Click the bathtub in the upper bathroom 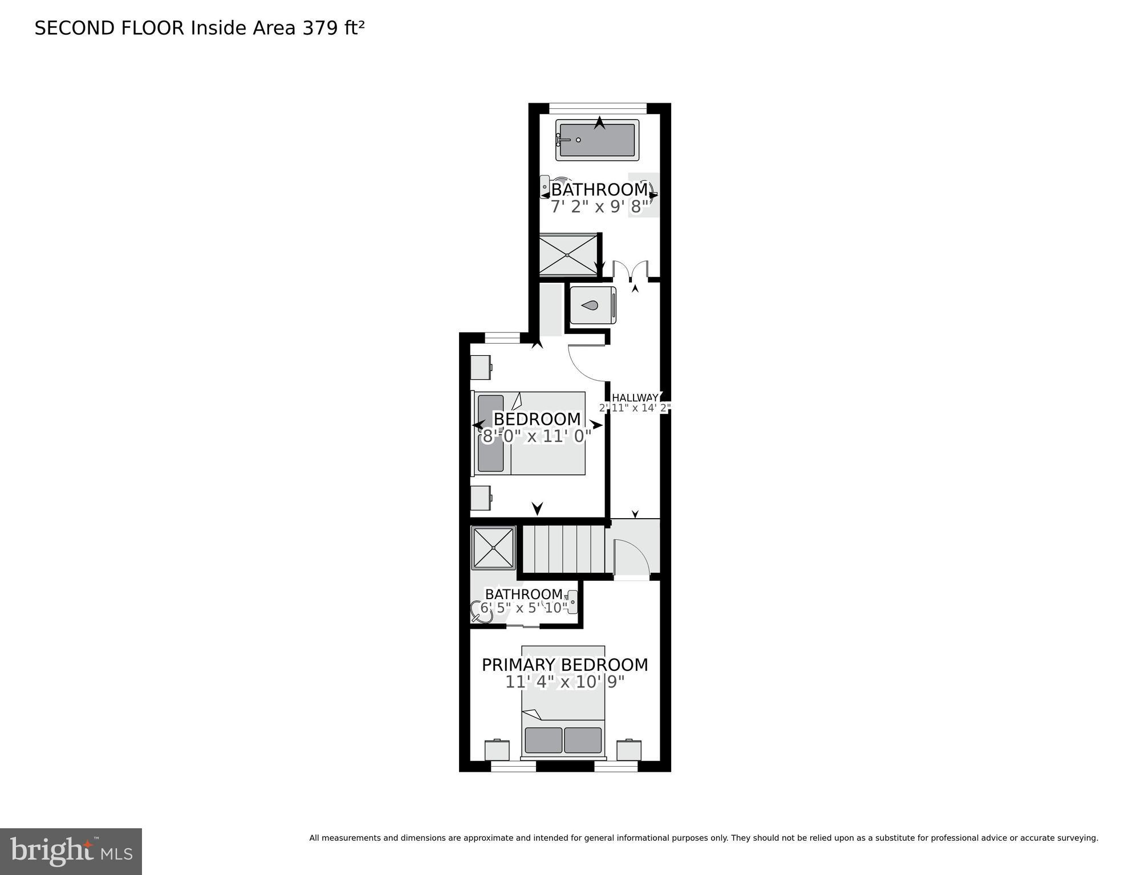point(597,140)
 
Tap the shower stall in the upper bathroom point(568,255)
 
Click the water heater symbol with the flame point(592,306)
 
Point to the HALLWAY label point(635,398)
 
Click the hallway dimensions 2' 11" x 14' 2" point(635,408)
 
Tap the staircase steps point(563,549)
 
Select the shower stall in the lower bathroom point(493,548)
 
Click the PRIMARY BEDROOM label point(565,665)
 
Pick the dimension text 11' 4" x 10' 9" point(565,682)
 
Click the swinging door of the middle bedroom point(586,363)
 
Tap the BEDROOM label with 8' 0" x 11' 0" point(537,419)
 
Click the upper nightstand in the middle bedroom point(481,367)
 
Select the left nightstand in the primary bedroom point(497,750)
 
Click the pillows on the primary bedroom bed point(563,740)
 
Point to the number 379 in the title point(320,28)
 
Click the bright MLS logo point(71,851)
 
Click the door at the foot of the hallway point(631,559)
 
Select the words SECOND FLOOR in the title point(109,28)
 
